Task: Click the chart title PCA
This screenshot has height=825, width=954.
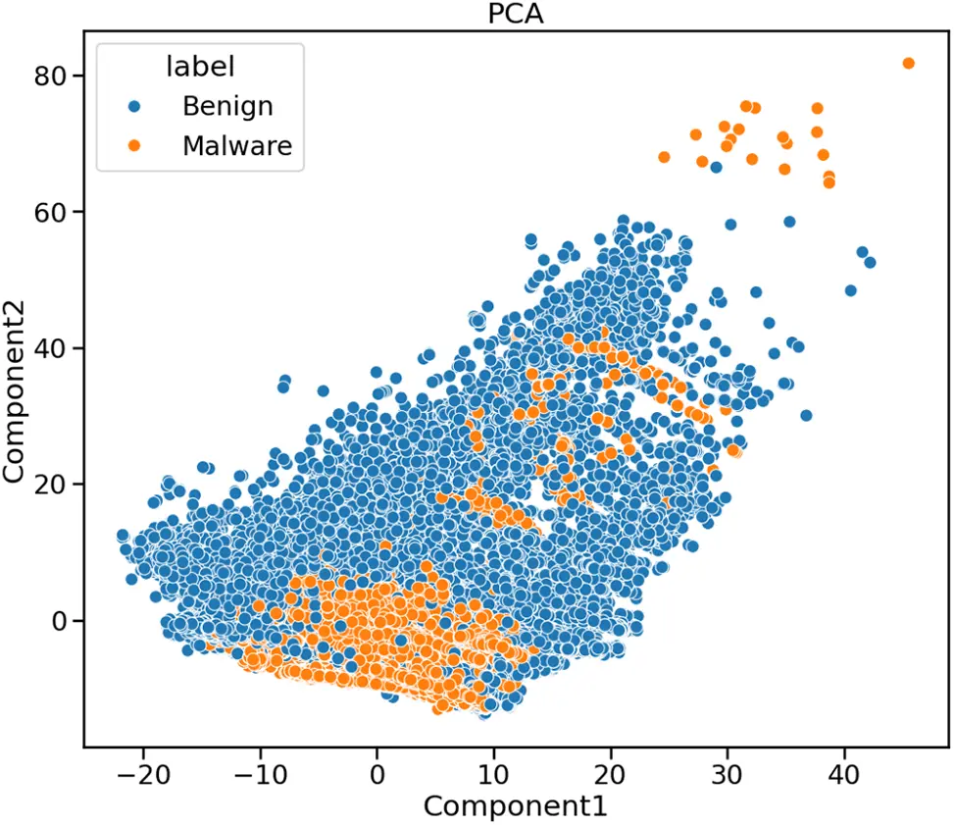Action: coord(516,14)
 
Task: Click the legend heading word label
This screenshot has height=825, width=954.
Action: coord(200,66)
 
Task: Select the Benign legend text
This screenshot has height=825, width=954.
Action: coord(227,106)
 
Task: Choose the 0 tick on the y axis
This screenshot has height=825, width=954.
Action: coord(62,620)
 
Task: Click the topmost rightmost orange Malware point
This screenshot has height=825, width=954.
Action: coord(908,64)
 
